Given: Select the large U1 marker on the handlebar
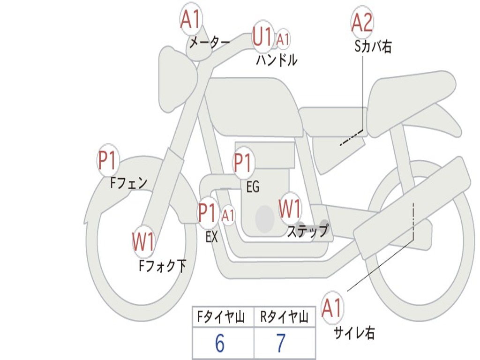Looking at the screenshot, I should pyautogui.click(x=262, y=37).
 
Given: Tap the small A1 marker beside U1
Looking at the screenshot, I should pyautogui.click(x=283, y=39).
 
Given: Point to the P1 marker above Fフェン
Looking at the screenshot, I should pyautogui.click(x=108, y=161).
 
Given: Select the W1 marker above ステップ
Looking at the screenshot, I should pyautogui.click(x=290, y=209).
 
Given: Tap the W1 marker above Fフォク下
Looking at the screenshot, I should pyautogui.click(x=143, y=242).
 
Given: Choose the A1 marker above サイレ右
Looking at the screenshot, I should pyautogui.click(x=332, y=308).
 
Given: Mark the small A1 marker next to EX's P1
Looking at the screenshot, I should pyautogui.click(x=228, y=216).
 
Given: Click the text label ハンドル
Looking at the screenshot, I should pyautogui.click(x=277, y=60).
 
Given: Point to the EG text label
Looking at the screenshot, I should pyautogui.click(x=253, y=187).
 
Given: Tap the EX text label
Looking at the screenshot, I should pyautogui.click(x=212, y=237).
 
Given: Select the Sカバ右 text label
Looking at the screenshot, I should pyautogui.click(x=373, y=47).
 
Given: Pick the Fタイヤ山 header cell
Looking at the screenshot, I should pyautogui.click(x=223, y=318).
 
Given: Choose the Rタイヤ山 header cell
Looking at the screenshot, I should pyautogui.click(x=284, y=318).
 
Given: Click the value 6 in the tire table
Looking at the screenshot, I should pyautogui.click(x=220, y=344).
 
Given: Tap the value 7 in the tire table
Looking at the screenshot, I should pyautogui.click(x=281, y=344).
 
